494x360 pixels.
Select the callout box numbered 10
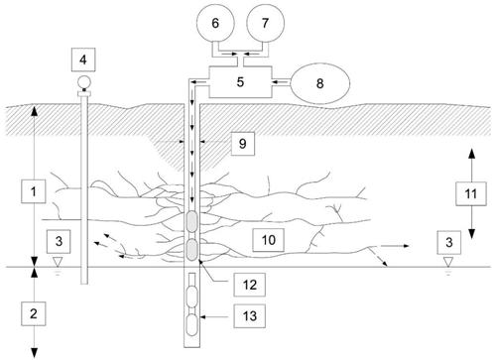tap(269, 240)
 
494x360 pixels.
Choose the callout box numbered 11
tap(471, 193)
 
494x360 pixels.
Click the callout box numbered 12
tap(250, 285)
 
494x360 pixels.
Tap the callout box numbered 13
tap(250, 316)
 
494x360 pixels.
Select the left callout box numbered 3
tap(59, 241)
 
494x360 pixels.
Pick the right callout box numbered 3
tap(449, 242)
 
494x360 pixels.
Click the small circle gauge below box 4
tap(83, 81)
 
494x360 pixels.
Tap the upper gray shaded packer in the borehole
tap(191, 220)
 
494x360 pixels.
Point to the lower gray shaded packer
tap(191, 249)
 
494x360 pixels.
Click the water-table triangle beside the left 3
tap(58, 262)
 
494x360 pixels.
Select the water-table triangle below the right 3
tap(448, 262)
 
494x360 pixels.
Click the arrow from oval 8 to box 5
tap(281, 80)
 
